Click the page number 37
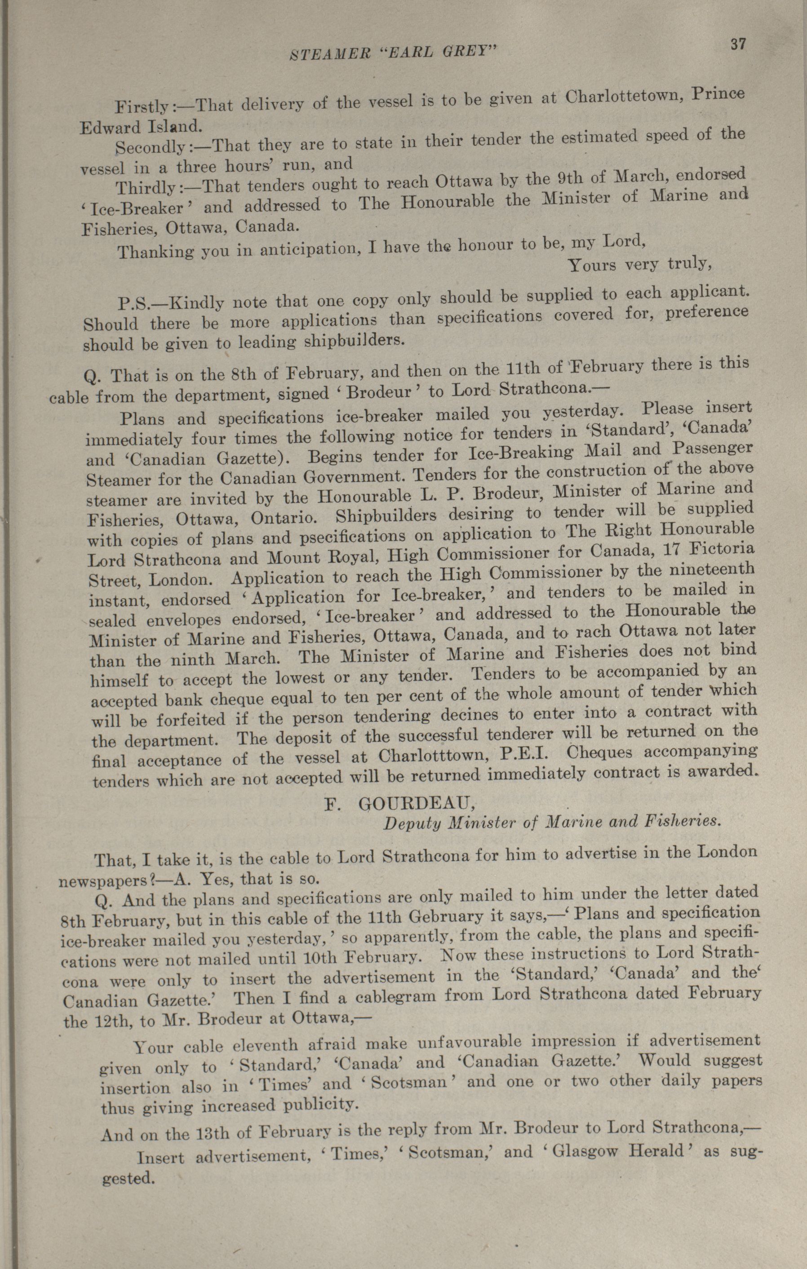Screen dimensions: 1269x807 pos(738,44)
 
